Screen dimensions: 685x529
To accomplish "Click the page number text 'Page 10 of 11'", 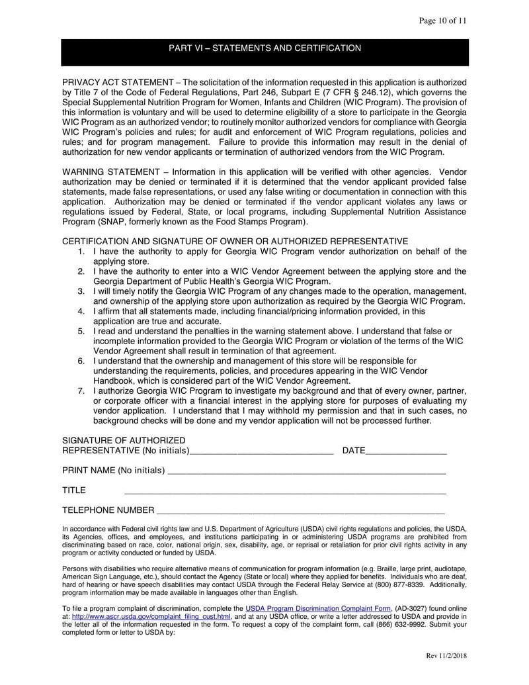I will tap(443, 21).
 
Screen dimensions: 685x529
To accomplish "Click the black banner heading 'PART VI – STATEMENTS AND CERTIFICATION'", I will tap(264, 48).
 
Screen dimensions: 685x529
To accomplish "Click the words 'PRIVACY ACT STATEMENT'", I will tap(116, 83).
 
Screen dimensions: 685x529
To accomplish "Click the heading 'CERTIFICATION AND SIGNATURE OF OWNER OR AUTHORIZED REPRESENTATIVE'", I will tap(235, 241).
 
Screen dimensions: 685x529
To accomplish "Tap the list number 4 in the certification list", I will tap(81, 311).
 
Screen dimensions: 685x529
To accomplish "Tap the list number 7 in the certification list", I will tap(81, 390).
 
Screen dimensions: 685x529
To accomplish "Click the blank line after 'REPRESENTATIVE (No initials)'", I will tap(262, 452).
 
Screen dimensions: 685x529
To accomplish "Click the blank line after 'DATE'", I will tap(406, 452).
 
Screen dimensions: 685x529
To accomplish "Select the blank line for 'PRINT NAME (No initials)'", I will tap(306, 472).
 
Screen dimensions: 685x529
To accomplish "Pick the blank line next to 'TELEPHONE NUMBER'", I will tap(301, 512).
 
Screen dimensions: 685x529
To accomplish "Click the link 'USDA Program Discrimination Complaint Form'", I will tap(318, 608).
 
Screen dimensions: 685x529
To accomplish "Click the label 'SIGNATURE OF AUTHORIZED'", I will tap(124, 441).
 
